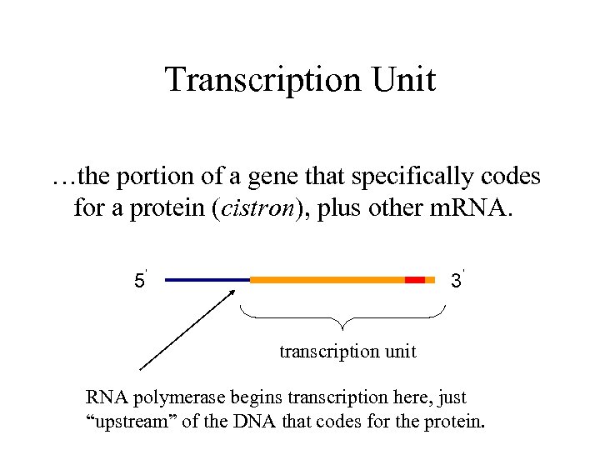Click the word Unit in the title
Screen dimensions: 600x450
tap(403, 80)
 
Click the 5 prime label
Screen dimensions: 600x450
tap(140, 280)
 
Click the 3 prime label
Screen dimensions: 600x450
tap(457, 280)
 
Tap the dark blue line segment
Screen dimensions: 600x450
tap(207, 280)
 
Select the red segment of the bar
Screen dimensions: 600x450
tap(415, 280)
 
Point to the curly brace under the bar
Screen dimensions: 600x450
tap(342, 317)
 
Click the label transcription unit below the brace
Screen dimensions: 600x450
tap(347, 352)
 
